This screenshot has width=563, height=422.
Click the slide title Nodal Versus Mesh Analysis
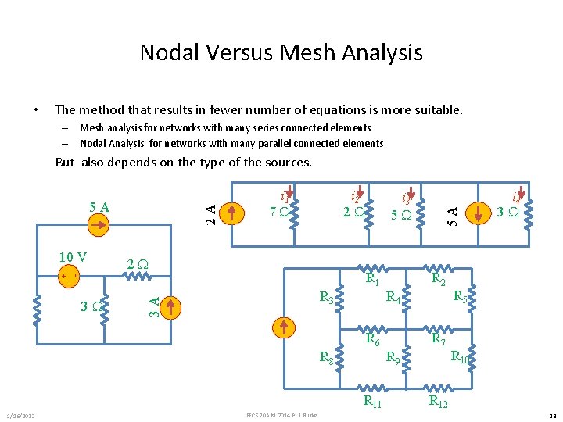281,52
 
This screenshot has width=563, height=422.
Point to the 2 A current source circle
228,211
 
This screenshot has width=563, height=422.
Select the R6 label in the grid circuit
373,339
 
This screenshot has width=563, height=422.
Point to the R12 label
439,402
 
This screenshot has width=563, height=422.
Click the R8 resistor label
326,358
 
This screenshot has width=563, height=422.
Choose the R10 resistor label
460,357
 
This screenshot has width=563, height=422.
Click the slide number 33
551,414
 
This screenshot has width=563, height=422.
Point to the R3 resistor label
326,298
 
